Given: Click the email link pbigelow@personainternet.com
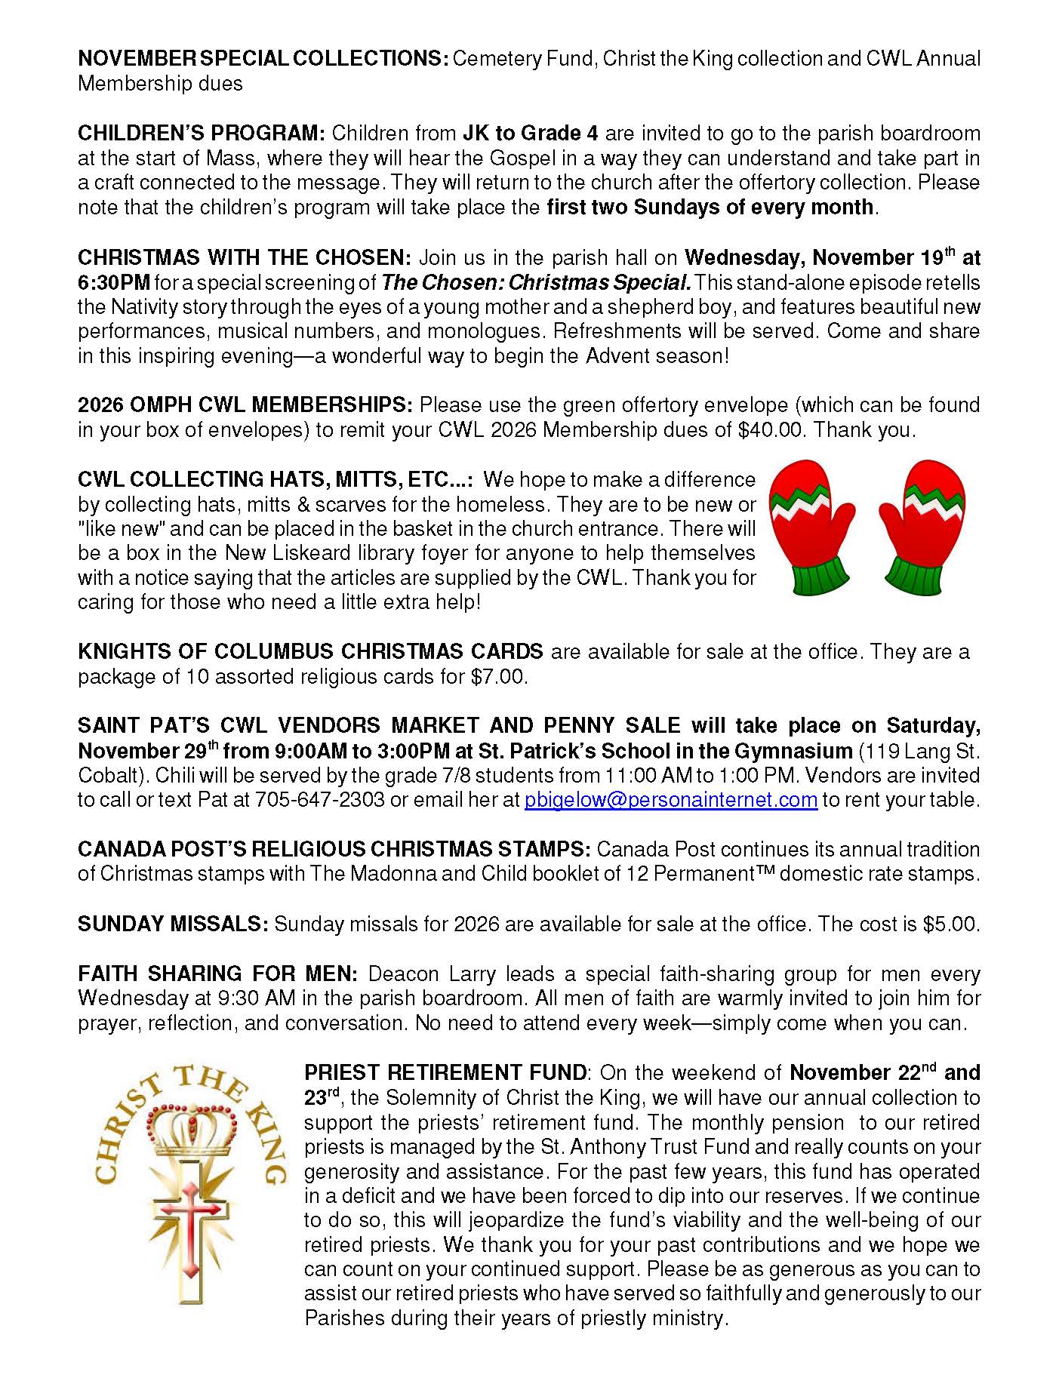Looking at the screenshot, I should click(670, 800).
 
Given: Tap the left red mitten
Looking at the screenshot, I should click(811, 513).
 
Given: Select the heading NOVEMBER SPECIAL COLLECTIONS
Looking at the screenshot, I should click(263, 59).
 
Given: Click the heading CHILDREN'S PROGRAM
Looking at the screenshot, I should click(201, 134).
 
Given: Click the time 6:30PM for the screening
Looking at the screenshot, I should click(114, 283).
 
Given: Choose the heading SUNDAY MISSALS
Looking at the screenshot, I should click(173, 924).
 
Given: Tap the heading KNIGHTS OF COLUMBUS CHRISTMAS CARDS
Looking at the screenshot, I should click(310, 651).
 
